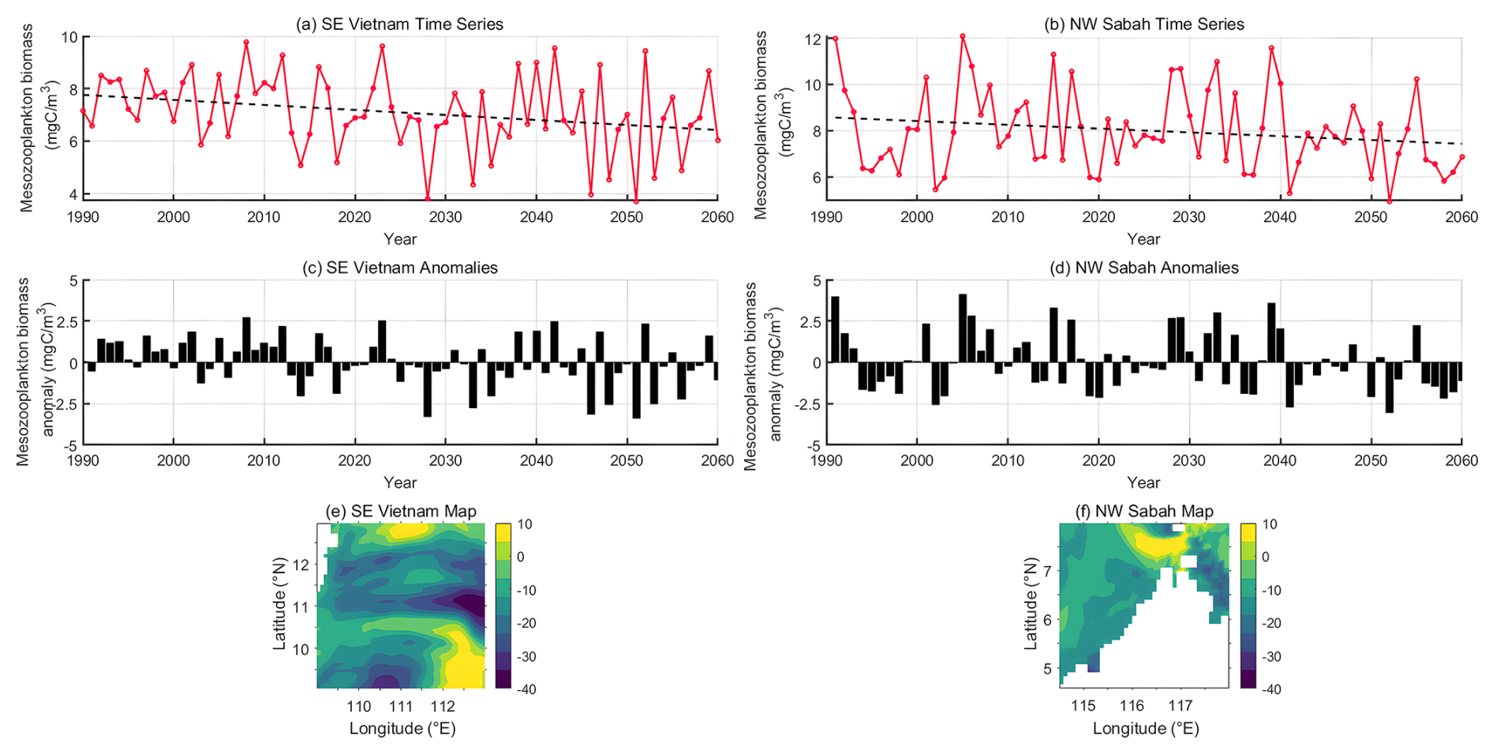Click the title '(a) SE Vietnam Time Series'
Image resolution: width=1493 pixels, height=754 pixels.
(x=399, y=24)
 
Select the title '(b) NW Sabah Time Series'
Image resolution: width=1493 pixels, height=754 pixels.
(x=1143, y=24)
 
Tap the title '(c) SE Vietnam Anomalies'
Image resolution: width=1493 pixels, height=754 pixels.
(x=399, y=268)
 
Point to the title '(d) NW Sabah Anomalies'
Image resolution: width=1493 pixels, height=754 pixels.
(x=1143, y=268)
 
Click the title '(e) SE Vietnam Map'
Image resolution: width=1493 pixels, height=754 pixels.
(x=402, y=512)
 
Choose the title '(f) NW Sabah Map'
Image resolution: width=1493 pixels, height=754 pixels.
(x=1144, y=512)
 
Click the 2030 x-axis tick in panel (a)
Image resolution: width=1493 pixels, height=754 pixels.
(x=445, y=217)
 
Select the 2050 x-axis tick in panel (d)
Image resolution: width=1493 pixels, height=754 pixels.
(x=1371, y=461)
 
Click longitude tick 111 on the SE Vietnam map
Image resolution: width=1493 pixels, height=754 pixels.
(x=401, y=706)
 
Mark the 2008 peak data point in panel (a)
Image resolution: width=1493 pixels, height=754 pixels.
(x=246, y=42)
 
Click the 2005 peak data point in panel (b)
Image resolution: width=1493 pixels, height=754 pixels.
(x=963, y=36)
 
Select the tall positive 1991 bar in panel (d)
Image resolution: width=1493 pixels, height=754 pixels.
(x=835, y=330)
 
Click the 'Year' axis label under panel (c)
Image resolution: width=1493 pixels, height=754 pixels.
(x=400, y=482)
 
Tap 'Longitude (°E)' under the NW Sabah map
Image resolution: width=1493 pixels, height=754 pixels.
(x=1146, y=729)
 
